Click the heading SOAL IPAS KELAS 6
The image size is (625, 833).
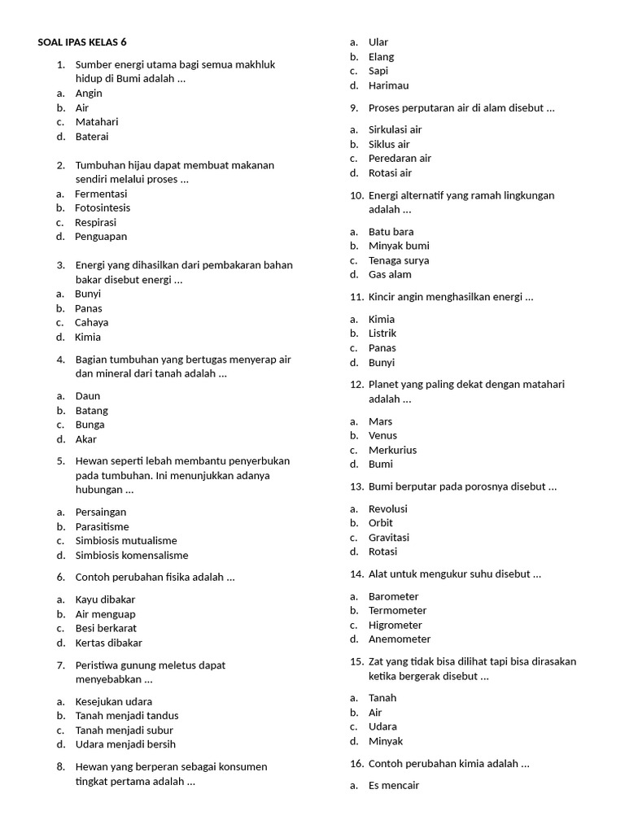pos(82,42)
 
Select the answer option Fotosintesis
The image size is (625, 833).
pos(103,208)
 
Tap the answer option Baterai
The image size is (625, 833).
pos(92,137)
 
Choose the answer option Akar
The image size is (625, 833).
pos(86,439)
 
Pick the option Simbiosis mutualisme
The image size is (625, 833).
pos(126,541)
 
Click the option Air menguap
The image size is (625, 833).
pos(106,614)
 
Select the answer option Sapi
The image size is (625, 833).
pos(378,71)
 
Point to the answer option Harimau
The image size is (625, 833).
pos(388,85)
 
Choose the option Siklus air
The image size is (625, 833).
pos(389,144)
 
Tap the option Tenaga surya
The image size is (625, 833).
pos(399,260)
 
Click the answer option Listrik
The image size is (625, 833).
pos(382,334)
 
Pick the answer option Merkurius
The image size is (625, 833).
pos(392,450)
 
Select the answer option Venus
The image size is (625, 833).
pos(382,435)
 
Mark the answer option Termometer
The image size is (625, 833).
pos(397,610)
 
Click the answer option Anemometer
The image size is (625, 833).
pos(400,639)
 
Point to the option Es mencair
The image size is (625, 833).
pos(394,786)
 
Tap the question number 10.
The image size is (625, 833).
pos(357,195)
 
